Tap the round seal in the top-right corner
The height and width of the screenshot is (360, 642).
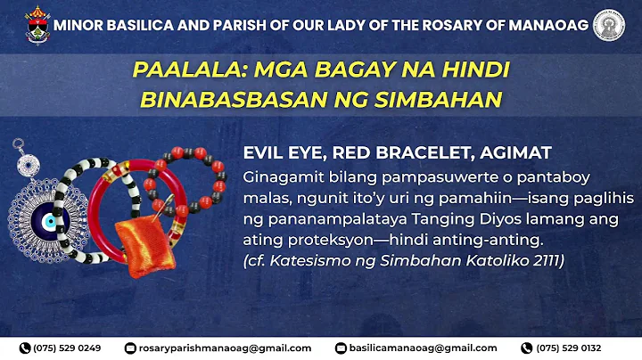pos(610,25)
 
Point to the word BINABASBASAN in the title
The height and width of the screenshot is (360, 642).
pos(224,100)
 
